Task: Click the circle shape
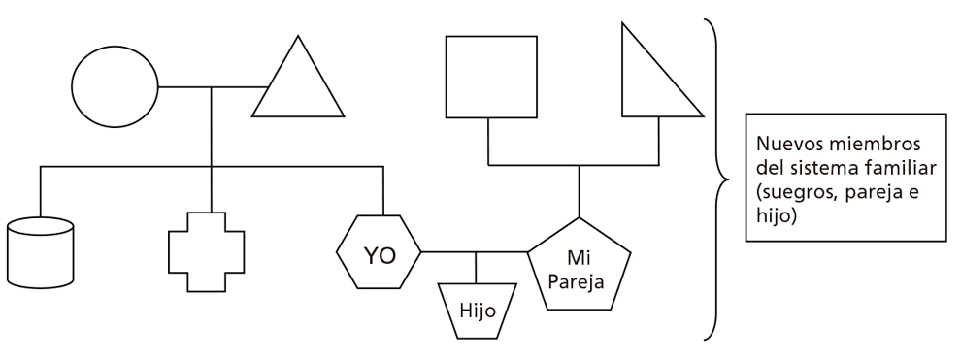pyautogui.click(x=116, y=86)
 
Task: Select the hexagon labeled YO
pyautogui.click(x=379, y=253)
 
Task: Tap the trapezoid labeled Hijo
pyautogui.click(x=476, y=311)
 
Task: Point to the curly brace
pyautogui.click(x=718, y=180)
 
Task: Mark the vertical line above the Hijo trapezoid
pyautogui.click(x=476, y=267)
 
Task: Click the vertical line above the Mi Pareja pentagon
pyautogui.click(x=580, y=190)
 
